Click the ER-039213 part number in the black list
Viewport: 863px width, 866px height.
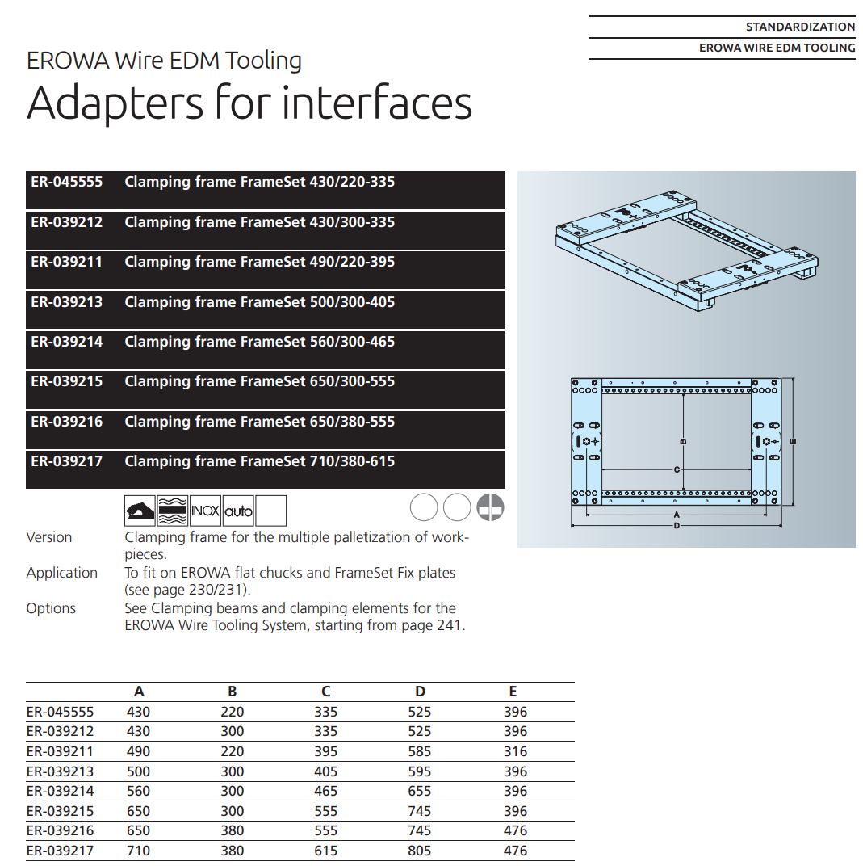(x=67, y=302)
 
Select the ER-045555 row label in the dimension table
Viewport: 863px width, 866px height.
(x=61, y=712)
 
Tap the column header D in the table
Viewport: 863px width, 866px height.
(x=420, y=692)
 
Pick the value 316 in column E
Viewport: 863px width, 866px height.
(x=515, y=751)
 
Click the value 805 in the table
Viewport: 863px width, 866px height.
(x=420, y=851)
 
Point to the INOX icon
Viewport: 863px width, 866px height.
(x=205, y=511)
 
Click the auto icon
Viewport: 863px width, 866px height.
(x=238, y=511)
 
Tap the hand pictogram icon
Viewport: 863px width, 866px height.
(x=140, y=511)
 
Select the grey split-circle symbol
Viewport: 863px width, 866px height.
(x=490, y=507)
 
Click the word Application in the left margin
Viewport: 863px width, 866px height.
(x=61, y=573)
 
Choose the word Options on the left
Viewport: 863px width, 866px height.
(x=51, y=608)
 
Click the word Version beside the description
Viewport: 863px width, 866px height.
(x=49, y=537)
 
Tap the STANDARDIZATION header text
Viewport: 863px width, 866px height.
(x=800, y=27)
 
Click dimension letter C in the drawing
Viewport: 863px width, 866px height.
(x=677, y=469)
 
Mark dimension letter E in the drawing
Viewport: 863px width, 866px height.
(x=793, y=442)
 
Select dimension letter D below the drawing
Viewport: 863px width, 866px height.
(x=677, y=526)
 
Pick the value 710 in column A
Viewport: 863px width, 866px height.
(x=139, y=851)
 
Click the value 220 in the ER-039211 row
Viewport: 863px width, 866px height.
(x=233, y=751)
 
